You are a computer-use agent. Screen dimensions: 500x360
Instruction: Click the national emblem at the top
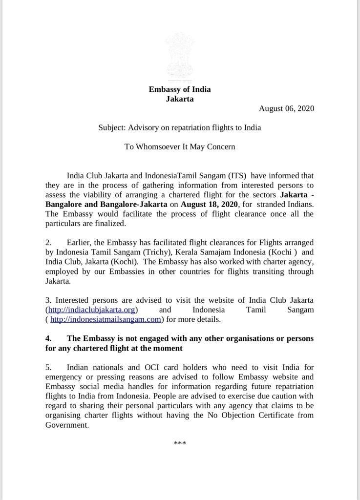tap(180, 54)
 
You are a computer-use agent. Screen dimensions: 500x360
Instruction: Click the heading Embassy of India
tap(180, 89)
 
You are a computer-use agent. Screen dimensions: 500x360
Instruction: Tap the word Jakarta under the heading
tap(180, 99)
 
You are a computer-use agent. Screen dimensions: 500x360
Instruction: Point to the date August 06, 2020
tap(286, 108)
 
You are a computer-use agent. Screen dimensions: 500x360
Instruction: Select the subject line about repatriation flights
tap(180, 127)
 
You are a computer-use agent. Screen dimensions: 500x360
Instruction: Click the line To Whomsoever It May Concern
tap(180, 146)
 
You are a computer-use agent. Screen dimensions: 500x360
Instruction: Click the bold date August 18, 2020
tap(209, 204)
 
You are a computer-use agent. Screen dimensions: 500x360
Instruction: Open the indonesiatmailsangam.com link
tap(106, 319)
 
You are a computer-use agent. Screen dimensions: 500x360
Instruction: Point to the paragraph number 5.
tap(48, 367)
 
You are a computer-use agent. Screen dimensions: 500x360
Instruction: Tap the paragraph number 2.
tap(48, 243)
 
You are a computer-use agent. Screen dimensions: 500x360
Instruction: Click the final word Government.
tap(67, 425)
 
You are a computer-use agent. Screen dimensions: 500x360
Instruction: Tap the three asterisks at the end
tap(180, 444)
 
